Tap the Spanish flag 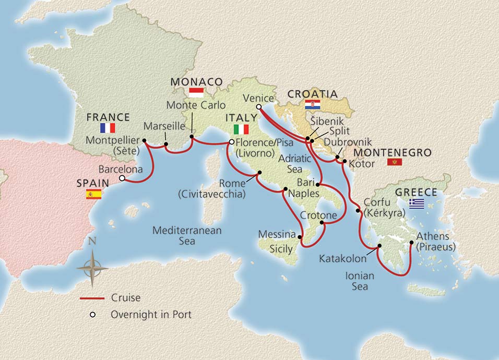tap(93, 195)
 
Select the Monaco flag tap(196, 93)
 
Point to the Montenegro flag tap(394, 163)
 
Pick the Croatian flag tap(312, 104)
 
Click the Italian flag tap(241, 128)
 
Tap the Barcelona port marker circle tap(122, 178)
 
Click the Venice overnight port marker tap(259, 107)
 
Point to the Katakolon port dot tap(379, 246)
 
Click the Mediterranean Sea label tap(187, 235)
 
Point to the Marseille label tap(164, 126)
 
